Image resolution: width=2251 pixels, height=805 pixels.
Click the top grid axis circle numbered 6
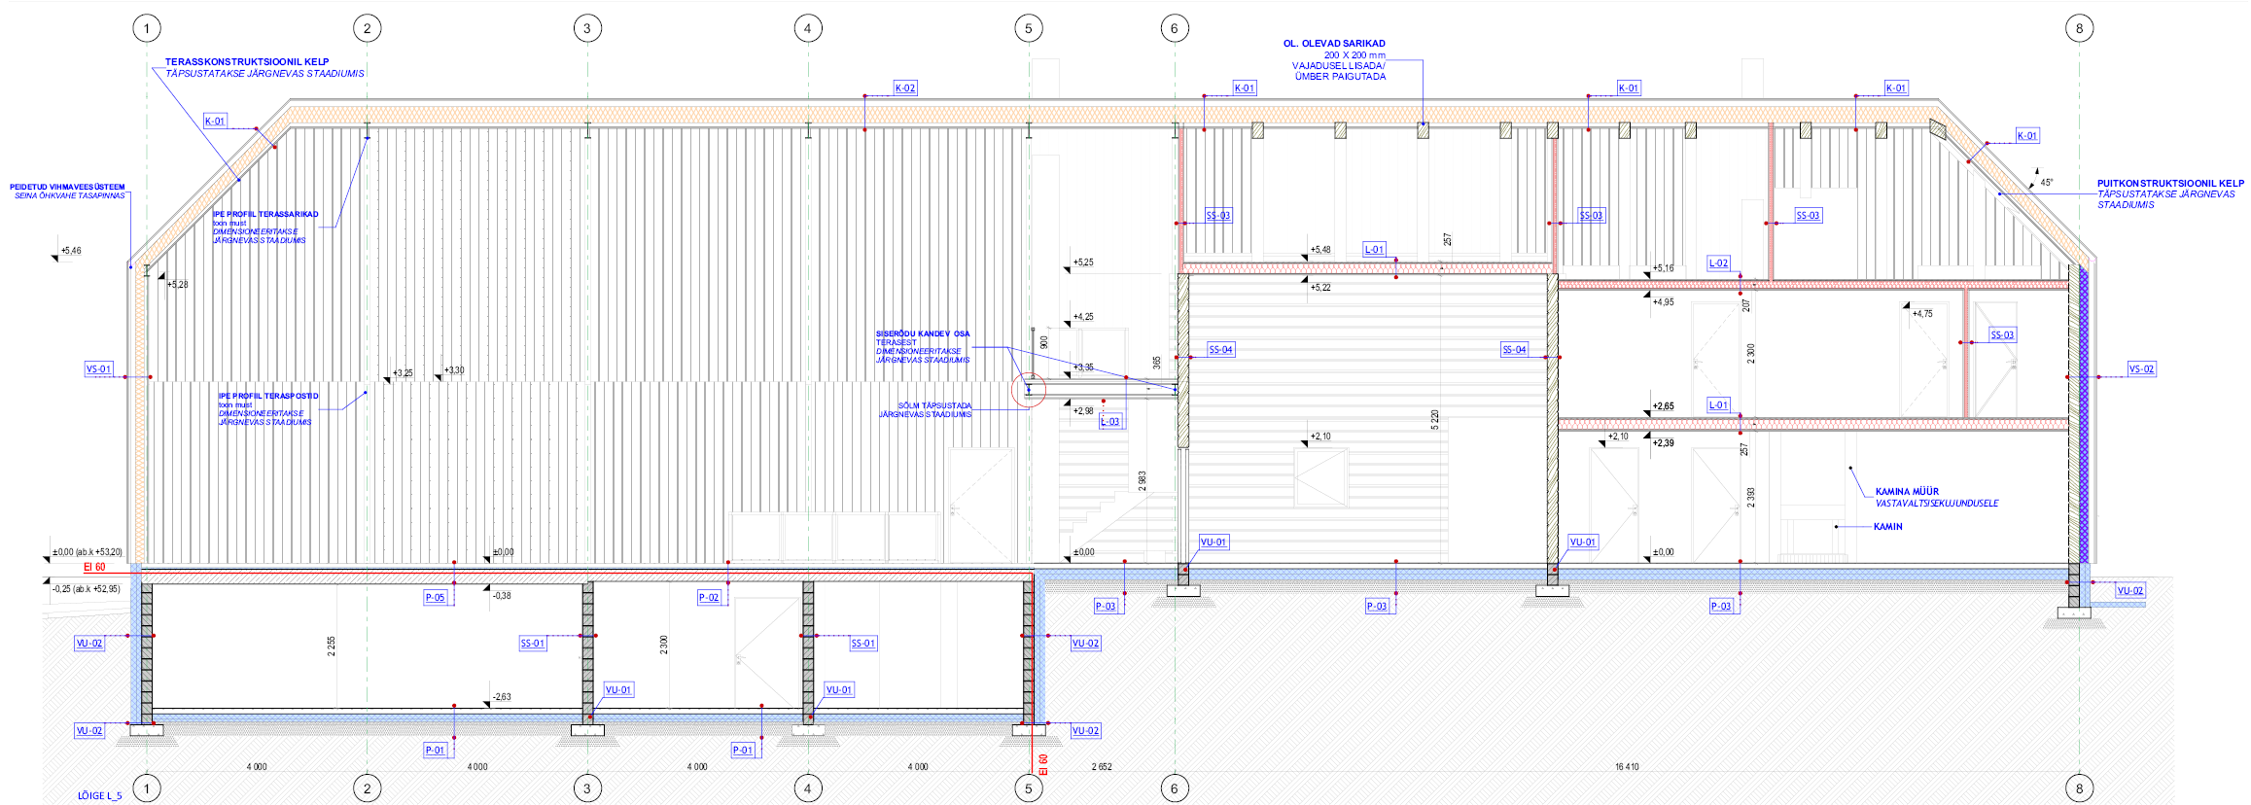tap(1174, 28)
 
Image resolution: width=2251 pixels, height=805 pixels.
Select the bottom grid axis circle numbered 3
tap(587, 788)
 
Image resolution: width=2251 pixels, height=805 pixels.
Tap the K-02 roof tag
tap(905, 88)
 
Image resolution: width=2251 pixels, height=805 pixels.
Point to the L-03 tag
tap(1109, 422)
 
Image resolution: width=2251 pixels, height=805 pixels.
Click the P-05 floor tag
tap(435, 598)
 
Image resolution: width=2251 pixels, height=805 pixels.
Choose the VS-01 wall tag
tap(98, 369)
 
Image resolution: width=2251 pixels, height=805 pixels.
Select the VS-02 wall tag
tap(2141, 369)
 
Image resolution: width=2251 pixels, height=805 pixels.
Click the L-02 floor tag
tap(1718, 263)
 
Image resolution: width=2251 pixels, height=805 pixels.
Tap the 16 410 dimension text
tap(1627, 767)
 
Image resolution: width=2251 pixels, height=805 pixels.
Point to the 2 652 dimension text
tap(1101, 767)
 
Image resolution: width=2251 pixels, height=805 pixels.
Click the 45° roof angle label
tap(2047, 183)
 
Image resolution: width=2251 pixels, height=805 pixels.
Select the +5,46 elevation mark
tap(70, 251)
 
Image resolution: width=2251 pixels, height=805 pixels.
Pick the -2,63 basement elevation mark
tap(501, 697)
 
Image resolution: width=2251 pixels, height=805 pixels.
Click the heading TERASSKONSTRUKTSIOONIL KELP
tap(247, 62)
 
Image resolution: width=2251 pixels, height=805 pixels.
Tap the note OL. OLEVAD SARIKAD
tap(1334, 44)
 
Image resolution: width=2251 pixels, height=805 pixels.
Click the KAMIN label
tap(1887, 527)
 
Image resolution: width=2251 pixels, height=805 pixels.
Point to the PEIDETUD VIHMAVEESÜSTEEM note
tap(67, 187)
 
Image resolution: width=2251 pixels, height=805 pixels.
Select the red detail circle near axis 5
tap(1029, 391)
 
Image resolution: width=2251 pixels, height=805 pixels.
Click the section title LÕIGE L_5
tap(100, 796)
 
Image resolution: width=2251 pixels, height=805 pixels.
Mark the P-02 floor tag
tap(709, 598)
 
